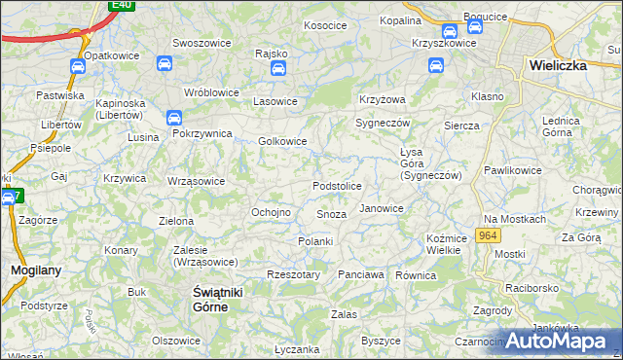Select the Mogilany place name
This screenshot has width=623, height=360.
point(31,270)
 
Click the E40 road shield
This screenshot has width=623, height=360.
point(121,5)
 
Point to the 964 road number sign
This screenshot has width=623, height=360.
point(489,236)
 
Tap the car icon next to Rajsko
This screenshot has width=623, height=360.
point(278,69)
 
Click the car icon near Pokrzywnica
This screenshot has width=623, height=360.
point(175,119)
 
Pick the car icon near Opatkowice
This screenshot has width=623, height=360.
point(77,66)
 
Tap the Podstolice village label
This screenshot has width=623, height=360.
point(337,186)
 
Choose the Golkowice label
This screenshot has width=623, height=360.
point(282,141)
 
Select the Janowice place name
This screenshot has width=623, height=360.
point(381,208)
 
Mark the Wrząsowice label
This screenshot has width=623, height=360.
point(196,181)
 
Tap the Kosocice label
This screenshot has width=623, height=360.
point(326,25)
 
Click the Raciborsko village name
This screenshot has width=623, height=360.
point(525,289)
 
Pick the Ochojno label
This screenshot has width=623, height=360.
point(272,212)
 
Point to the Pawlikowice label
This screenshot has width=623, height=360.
point(512,170)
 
